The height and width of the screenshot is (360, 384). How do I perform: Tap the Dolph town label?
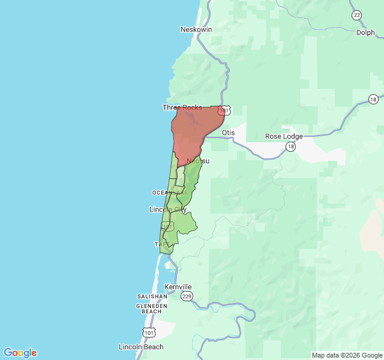[x=365, y=33]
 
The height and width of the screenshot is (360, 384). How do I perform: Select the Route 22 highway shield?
[x=357, y=15]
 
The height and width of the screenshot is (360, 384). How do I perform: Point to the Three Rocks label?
[x=182, y=107]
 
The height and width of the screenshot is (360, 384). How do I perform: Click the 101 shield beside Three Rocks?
[x=223, y=111]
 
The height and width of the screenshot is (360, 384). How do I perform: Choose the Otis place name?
[x=228, y=133]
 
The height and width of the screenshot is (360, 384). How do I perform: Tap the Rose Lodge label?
[x=284, y=136]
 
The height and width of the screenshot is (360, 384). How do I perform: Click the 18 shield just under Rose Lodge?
[x=290, y=146]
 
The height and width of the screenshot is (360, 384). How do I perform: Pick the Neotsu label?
[x=198, y=161]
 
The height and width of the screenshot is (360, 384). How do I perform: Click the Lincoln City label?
[x=167, y=209]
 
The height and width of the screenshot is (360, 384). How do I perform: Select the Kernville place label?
[x=178, y=287]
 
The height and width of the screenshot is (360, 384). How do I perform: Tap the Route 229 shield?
[x=187, y=296]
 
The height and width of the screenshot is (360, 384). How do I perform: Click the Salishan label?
[x=152, y=296]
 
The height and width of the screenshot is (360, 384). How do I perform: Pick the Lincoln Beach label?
[x=141, y=347]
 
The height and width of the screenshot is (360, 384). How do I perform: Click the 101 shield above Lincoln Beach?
[x=149, y=332]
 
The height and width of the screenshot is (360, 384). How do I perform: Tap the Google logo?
[x=20, y=353]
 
